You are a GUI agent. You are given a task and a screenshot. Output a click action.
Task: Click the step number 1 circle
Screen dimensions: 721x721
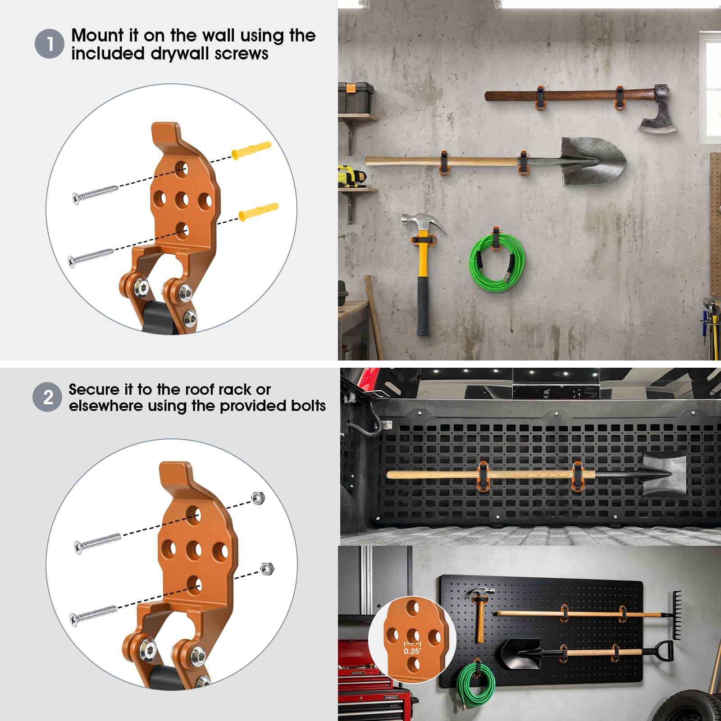(x=50, y=44)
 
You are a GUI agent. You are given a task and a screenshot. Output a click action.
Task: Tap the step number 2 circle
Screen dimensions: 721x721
(x=47, y=397)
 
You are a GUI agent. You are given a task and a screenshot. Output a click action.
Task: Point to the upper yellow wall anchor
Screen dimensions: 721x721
(x=251, y=150)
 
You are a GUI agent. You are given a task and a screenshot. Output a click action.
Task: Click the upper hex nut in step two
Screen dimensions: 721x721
(x=258, y=497)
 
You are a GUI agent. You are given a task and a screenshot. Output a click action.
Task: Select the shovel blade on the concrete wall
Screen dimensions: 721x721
(x=593, y=161)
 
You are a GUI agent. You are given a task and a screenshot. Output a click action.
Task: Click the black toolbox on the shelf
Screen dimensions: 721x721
(x=356, y=97)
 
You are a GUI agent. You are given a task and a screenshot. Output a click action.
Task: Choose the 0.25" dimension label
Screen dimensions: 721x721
(x=412, y=651)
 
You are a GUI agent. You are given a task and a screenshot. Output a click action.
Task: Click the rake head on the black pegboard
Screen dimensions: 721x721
(x=676, y=615)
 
